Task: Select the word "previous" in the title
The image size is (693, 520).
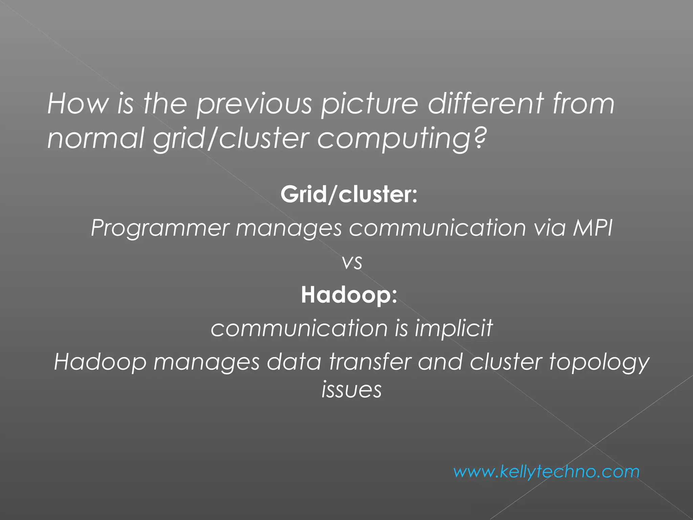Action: [254, 104]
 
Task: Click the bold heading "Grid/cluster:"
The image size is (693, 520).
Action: [349, 194]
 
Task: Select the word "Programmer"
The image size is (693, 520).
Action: [160, 227]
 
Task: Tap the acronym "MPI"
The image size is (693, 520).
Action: [593, 227]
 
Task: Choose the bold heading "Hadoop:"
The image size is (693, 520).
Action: [349, 295]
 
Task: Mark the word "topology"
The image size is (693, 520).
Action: [599, 362]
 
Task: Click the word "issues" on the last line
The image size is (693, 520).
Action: [352, 389]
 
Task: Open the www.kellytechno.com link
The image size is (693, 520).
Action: [546, 472]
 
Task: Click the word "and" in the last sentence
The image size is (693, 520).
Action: [440, 362]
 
